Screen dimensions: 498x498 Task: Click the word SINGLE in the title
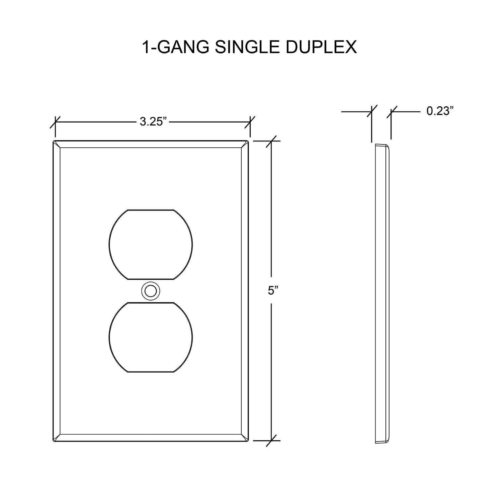click(247, 47)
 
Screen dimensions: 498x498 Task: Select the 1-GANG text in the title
click(176, 47)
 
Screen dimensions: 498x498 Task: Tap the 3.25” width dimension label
click(153, 122)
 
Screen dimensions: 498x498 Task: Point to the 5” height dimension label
click(273, 290)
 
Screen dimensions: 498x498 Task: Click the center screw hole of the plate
click(150, 291)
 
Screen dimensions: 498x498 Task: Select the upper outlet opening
click(150, 244)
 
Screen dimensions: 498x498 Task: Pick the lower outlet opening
click(150, 337)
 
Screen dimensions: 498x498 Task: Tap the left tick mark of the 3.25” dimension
click(55, 122)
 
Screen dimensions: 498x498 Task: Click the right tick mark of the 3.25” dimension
click(250, 122)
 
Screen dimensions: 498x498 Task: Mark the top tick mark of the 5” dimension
click(272, 141)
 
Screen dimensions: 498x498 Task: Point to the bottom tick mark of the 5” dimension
click(272, 441)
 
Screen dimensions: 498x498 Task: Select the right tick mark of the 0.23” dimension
click(391, 112)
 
